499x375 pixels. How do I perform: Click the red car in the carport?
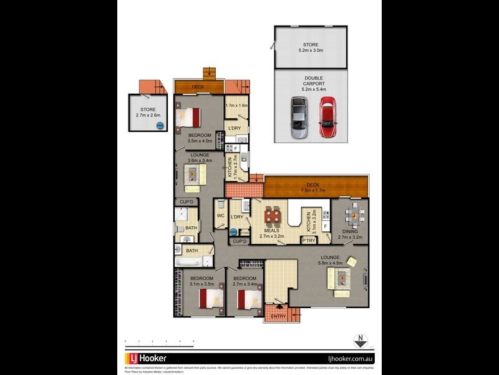(x=327, y=117)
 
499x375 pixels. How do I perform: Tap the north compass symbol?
(x=360, y=341)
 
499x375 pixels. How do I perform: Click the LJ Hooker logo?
(x=145, y=359)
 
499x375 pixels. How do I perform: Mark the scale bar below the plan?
(x=159, y=342)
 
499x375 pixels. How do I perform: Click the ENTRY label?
(x=279, y=317)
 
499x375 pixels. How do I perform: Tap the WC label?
(x=220, y=216)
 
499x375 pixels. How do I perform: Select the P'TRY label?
(x=308, y=240)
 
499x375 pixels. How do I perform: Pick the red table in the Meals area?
(x=273, y=216)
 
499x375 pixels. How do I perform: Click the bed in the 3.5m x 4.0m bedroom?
(x=191, y=117)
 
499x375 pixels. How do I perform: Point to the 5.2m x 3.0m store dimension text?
(x=311, y=52)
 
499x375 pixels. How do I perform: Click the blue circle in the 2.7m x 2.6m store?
(x=160, y=126)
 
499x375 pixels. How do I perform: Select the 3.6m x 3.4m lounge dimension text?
(x=200, y=160)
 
